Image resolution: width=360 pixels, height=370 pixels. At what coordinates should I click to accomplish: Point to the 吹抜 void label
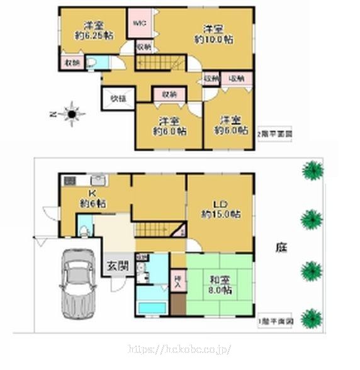coord(118,98)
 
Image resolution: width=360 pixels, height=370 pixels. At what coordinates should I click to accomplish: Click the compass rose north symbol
coord(72,114)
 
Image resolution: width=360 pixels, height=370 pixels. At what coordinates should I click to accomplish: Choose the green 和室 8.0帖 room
coord(220,284)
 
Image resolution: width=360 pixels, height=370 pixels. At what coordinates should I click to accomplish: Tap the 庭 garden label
coord(278,249)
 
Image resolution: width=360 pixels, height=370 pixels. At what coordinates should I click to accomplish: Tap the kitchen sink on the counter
coord(98,179)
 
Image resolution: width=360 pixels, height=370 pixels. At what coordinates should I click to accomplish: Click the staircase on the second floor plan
coord(160,63)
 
